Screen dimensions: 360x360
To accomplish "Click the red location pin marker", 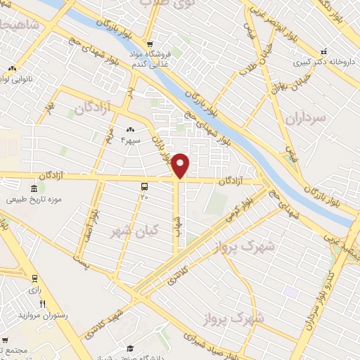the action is point(181,165).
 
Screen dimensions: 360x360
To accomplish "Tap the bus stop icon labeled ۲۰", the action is point(144,186).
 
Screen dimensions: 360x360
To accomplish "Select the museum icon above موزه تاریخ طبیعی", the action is point(34,188).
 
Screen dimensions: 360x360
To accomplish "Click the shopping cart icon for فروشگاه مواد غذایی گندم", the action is point(149,44).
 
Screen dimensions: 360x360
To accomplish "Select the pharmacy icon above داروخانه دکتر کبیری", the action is point(323,51).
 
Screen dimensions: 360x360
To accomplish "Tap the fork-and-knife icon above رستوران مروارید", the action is point(41,303).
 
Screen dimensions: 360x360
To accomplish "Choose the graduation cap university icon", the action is point(130,348).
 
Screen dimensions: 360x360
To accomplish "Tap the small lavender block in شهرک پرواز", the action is point(290,291).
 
